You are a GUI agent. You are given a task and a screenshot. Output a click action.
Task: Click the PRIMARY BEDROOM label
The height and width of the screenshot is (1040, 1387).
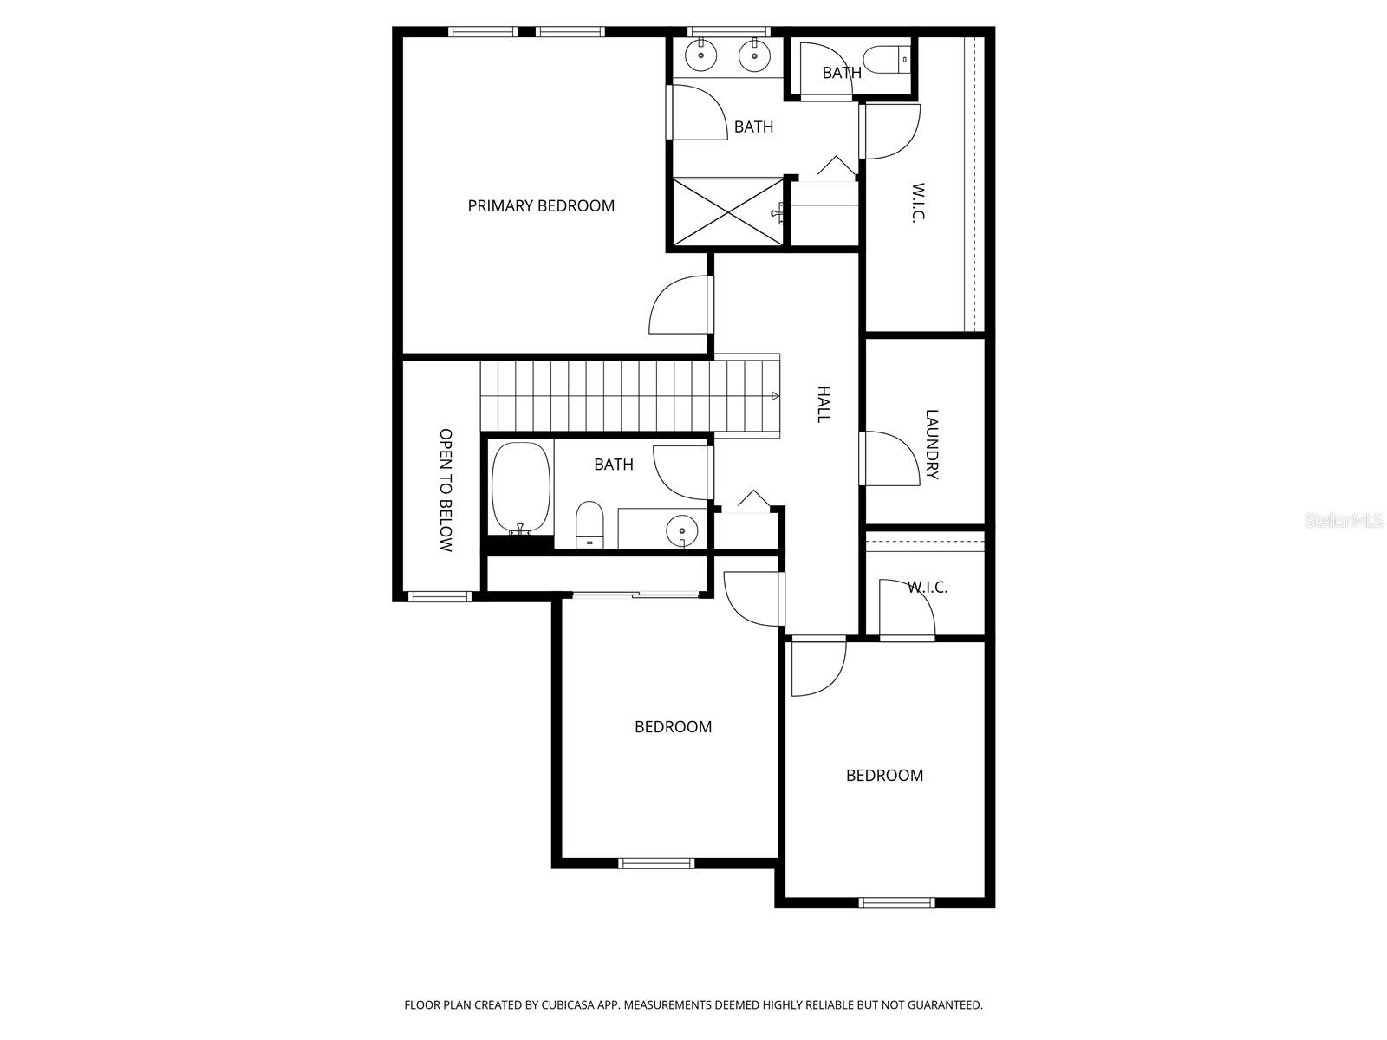[x=541, y=205]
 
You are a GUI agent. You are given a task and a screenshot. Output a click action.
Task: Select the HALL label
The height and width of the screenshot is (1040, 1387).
[x=824, y=404]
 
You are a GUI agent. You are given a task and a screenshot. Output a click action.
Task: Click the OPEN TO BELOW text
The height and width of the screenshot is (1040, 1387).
[x=446, y=490]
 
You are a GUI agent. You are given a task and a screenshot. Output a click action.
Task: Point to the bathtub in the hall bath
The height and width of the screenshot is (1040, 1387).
[x=521, y=489]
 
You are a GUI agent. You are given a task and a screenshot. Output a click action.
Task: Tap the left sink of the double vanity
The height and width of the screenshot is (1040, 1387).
[x=700, y=56]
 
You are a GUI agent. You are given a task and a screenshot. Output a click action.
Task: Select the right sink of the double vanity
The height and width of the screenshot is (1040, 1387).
[x=754, y=56]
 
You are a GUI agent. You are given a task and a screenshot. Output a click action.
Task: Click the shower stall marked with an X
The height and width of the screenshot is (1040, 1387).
[x=726, y=212]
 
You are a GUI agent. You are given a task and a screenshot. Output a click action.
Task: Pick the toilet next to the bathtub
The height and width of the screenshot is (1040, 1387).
[x=589, y=524]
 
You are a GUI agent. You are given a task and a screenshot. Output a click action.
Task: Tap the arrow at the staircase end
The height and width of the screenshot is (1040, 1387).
[x=773, y=395]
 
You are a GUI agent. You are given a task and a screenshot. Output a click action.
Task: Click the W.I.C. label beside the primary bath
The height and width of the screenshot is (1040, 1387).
[x=918, y=203]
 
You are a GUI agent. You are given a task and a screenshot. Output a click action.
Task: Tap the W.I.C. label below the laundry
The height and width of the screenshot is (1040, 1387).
[x=928, y=587]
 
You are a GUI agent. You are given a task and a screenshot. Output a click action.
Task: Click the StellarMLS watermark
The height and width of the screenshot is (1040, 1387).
[x=1345, y=521]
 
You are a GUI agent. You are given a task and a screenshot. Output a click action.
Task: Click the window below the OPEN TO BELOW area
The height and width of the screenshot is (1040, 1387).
[x=440, y=596]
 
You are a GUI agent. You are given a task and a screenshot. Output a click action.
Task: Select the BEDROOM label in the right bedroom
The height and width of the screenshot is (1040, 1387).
[x=884, y=775]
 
